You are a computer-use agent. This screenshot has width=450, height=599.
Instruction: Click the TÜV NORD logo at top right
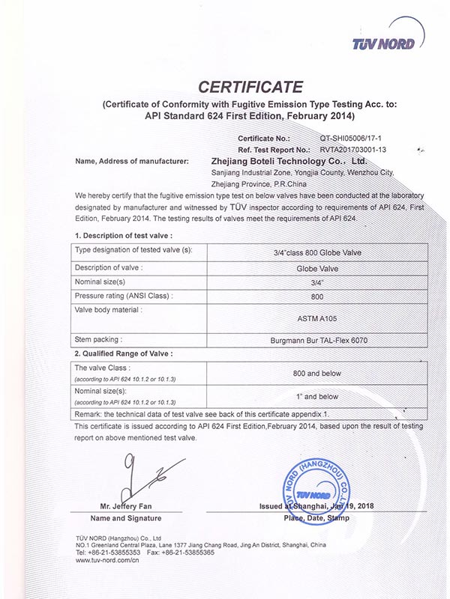tap(382, 44)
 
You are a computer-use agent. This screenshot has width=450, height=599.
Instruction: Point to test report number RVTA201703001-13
tap(356, 149)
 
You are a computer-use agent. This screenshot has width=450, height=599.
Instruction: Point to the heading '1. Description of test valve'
tap(124, 236)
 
